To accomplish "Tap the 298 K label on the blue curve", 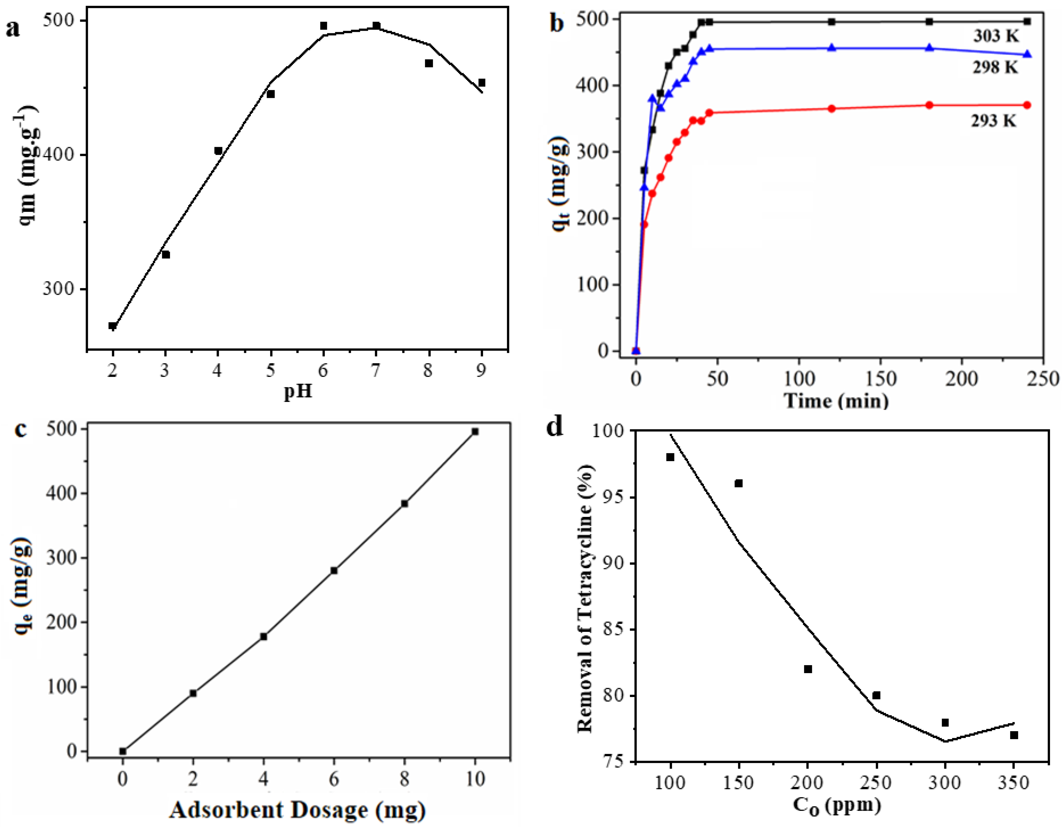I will click(995, 68).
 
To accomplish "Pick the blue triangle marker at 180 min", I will click(929, 48).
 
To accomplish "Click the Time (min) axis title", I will click(836, 401).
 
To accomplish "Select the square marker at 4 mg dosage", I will click(263, 636).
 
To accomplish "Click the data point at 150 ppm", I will click(739, 483).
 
